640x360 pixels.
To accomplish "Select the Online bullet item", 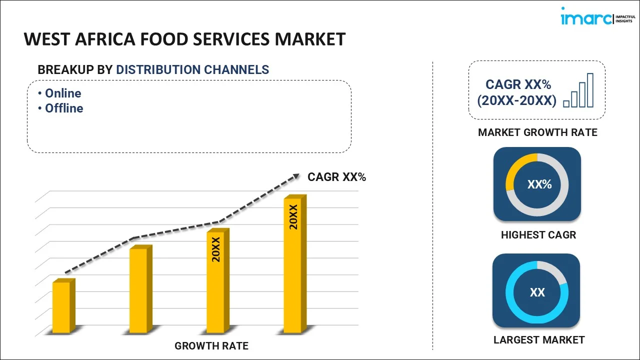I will [63, 93].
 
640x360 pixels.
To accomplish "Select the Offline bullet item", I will [64, 108].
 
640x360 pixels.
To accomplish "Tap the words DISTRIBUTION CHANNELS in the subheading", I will [192, 70].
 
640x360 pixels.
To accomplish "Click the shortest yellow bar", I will [62, 307].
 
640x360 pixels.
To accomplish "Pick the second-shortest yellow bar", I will [138, 290].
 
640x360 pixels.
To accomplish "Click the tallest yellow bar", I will [292, 265].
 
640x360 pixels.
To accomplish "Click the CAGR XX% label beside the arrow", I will [336, 176].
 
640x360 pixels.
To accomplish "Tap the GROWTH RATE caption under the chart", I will [211, 345].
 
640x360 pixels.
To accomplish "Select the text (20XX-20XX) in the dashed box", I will [516, 100].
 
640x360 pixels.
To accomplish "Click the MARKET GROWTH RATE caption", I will [537, 132].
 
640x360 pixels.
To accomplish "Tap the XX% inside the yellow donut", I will [539, 184].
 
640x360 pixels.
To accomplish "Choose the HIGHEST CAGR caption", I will [538, 234].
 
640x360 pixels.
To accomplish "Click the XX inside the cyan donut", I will [537, 292].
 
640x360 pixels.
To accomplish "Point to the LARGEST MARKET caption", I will [538, 340].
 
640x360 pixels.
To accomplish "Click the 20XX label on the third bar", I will [216, 250].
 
